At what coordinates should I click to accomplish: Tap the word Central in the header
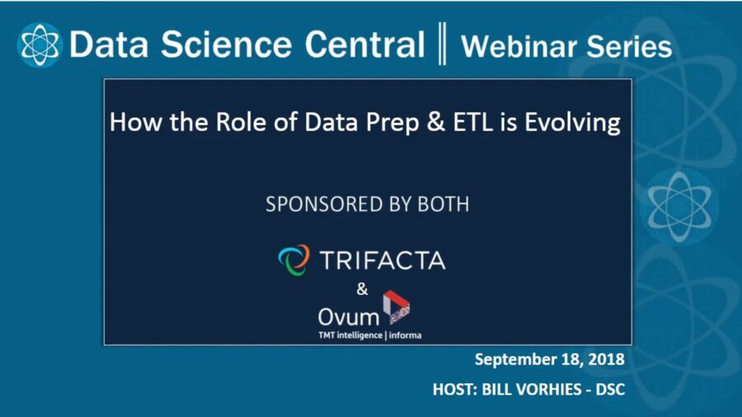pyautogui.click(x=370, y=45)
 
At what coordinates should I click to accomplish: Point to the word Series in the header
pyautogui.click(x=631, y=46)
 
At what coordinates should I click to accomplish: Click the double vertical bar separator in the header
pyautogui.click(x=442, y=45)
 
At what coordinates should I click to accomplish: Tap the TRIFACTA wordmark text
pyautogui.click(x=381, y=261)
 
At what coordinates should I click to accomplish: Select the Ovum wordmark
pyautogui.click(x=348, y=316)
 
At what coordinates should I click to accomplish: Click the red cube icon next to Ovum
pyautogui.click(x=397, y=307)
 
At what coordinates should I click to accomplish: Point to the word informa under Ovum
pyautogui.click(x=404, y=335)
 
